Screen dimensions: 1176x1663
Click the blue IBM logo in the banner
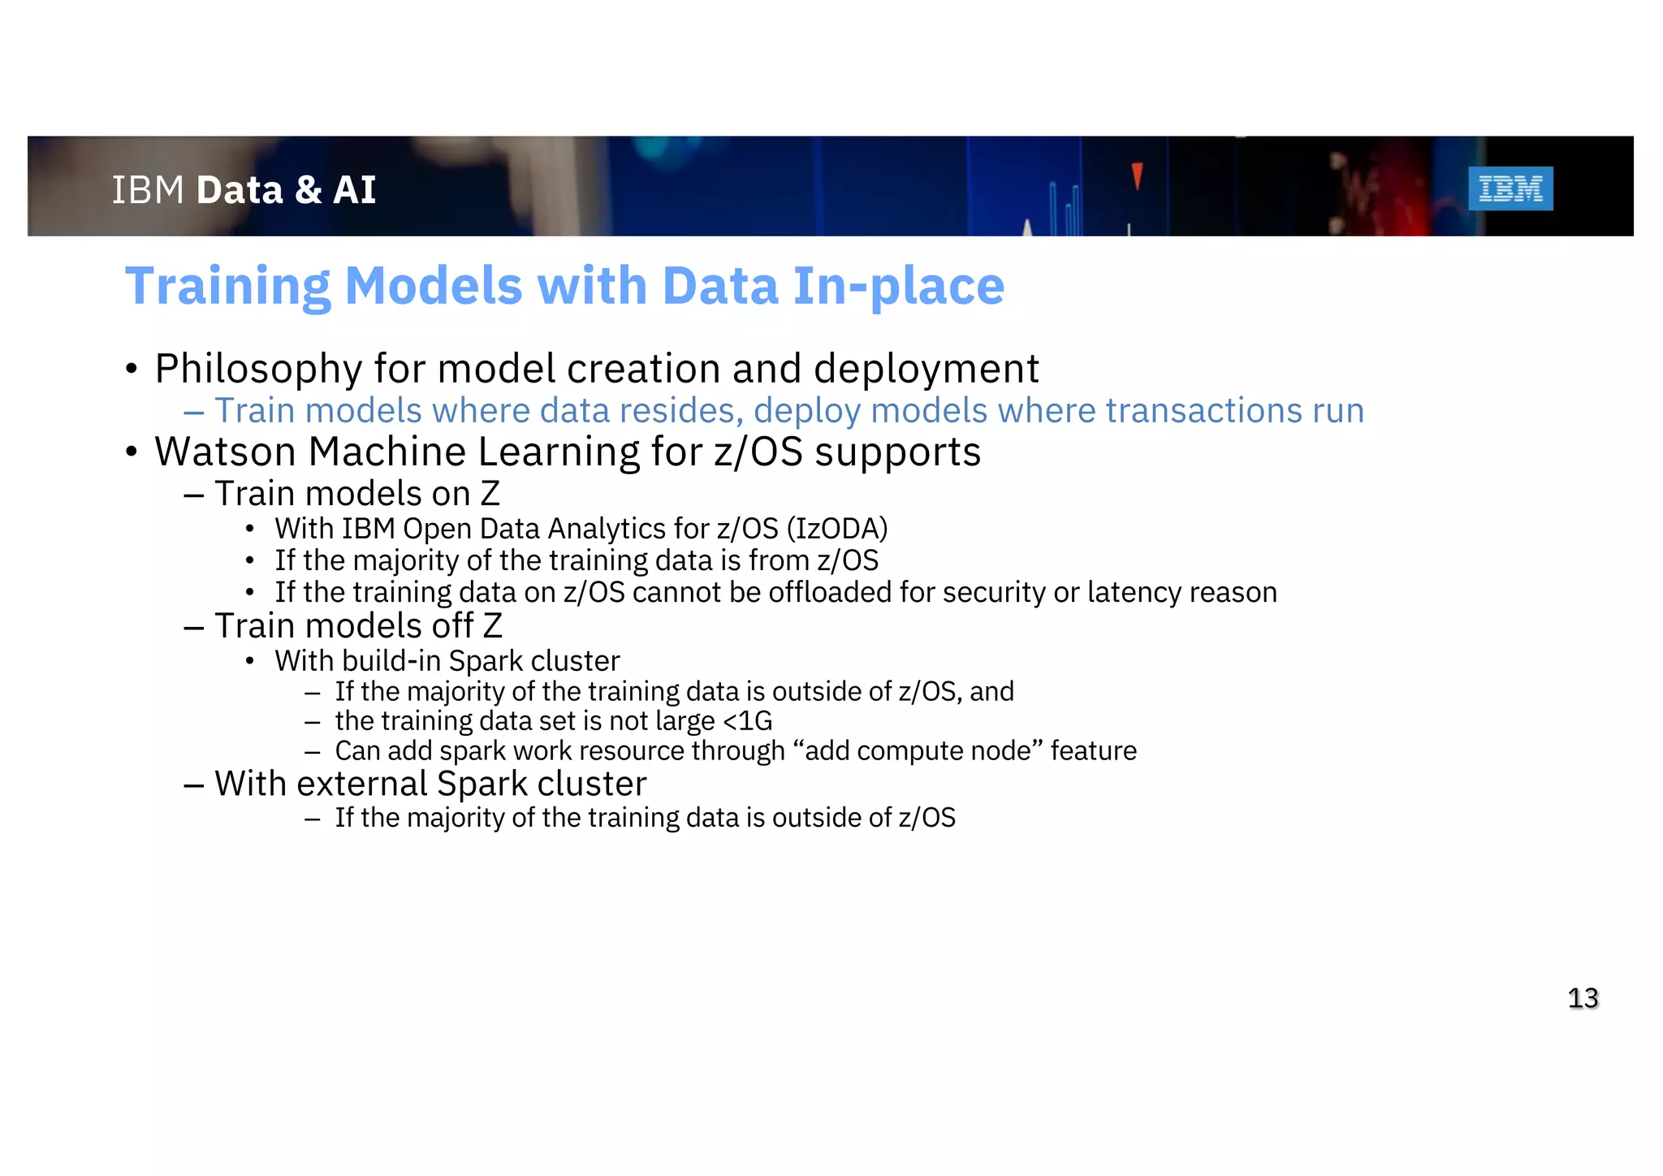pyautogui.click(x=1510, y=188)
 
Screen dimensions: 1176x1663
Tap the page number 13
pyautogui.click(x=1583, y=997)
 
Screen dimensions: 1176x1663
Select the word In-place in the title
pyautogui.click(x=898, y=288)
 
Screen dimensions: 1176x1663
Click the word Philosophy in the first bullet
pyautogui.click(x=257, y=370)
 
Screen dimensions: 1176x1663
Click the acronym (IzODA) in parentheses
pyautogui.click(x=836, y=529)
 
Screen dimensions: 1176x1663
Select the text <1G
pyautogui.click(x=747, y=721)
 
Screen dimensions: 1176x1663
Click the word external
pyautogui.click(x=362, y=784)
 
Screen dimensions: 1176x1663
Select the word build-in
pyautogui.click(x=391, y=661)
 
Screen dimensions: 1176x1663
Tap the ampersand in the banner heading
pyautogui.click(x=308, y=191)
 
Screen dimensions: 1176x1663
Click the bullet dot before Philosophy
pyautogui.click(x=132, y=370)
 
